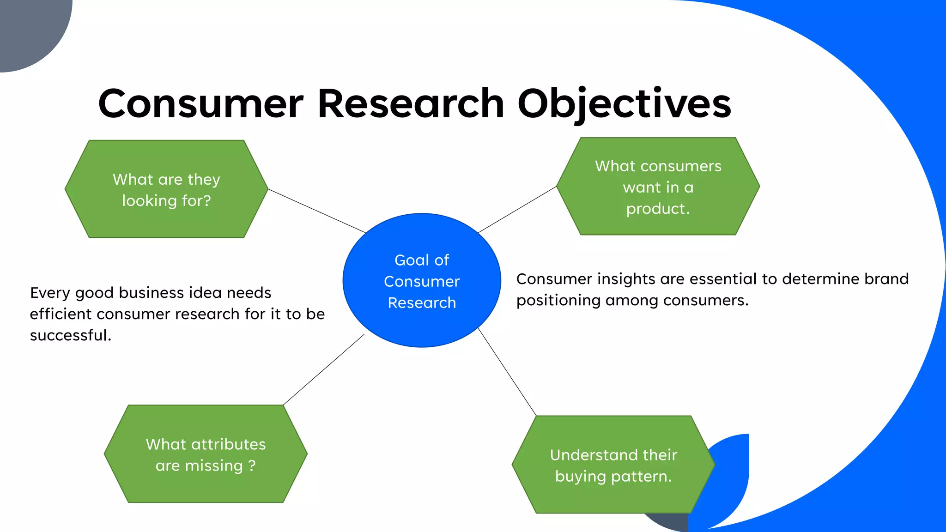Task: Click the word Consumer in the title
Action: click(200, 104)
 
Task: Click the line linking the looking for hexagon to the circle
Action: click(317, 211)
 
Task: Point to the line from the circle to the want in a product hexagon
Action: click(517, 210)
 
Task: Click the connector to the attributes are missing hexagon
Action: click(323, 370)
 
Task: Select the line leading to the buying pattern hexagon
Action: click(507, 372)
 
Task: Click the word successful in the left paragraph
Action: click(70, 335)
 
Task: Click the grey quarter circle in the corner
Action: click(28, 28)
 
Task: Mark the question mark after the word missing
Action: click(252, 465)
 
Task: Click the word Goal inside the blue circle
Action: click(412, 260)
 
